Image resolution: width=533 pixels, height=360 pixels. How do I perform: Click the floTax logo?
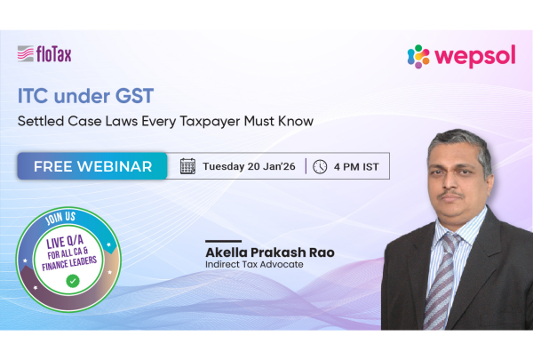pyautogui.click(x=44, y=55)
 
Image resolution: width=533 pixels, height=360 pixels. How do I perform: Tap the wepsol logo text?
pyautogui.click(x=476, y=56)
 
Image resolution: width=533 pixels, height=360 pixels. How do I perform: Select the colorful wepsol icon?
pyautogui.click(x=418, y=56)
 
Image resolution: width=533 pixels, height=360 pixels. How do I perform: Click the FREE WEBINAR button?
pyautogui.click(x=92, y=166)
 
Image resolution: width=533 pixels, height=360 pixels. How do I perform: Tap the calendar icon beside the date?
pyautogui.click(x=187, y=166)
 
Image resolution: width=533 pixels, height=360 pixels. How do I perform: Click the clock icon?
pyautogui.click(x=320, y=166)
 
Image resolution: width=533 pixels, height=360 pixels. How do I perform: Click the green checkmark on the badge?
pyautogui.click(x=72, y=281)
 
